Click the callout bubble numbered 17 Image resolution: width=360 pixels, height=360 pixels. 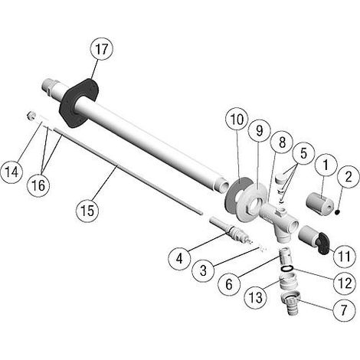[102, 49]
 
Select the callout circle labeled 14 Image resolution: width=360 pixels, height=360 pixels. [11, 172]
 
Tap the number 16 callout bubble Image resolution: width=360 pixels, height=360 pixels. [38, 185]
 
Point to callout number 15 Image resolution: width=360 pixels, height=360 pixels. [87, 211]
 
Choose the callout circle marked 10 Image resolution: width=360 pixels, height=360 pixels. [237, 119]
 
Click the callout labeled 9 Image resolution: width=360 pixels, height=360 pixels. [259, 131]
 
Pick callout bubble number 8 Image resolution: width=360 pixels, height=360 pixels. [282, 142]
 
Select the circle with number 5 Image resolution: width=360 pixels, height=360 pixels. [303, 154]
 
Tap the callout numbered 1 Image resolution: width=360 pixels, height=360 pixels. [326, 165]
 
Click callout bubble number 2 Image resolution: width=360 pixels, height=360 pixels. [349, 177]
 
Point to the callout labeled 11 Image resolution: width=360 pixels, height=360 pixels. [345, 256]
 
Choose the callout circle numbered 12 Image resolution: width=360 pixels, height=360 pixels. [345, 283]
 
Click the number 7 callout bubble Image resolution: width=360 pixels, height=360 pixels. [344, 309]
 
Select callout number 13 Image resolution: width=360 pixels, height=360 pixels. [255, 297]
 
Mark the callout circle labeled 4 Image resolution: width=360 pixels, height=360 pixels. [179, 259]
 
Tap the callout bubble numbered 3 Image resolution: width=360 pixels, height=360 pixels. [203, 270]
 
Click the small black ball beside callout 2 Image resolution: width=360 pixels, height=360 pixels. [338, 211]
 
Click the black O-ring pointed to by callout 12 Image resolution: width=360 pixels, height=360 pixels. [286, 268]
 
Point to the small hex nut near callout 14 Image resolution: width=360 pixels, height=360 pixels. [31, 116]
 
